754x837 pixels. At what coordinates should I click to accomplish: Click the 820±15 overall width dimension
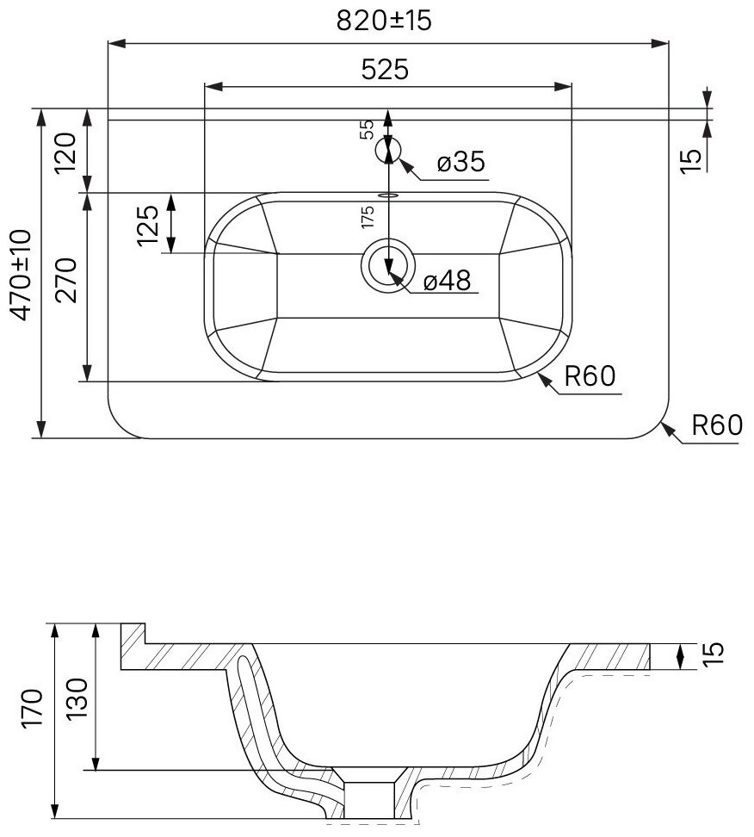(383, 22)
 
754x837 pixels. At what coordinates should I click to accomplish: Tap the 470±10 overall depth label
(21, 275)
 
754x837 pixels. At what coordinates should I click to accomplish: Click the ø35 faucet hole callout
(460, 161)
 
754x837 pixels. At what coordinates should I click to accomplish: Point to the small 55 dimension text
(366, 129)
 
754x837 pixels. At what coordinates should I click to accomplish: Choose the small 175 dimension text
(368, 216)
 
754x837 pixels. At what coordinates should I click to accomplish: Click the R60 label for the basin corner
(592, 376)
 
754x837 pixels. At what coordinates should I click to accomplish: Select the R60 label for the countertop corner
(716, 425)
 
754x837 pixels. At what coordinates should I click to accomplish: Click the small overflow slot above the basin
(389, 195)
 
